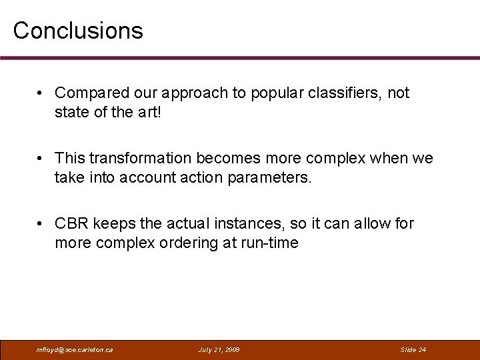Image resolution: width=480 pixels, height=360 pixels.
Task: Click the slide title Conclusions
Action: [x=78, y=31]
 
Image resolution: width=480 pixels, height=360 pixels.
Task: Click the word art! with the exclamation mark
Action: [x=150, y=113]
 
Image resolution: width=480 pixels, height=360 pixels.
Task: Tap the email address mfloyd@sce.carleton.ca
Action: [x=75, y=349]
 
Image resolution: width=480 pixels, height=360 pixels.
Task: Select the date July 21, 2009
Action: [x=219, y=349]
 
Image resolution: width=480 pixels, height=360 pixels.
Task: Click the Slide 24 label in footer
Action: [x=413, y=349]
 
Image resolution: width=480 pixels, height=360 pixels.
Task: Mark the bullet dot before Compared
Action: [x=41, y=93]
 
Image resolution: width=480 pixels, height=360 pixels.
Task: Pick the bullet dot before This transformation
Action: [x=41, y=159]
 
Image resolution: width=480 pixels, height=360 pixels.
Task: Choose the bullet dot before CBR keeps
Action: [x=41, y=223]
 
